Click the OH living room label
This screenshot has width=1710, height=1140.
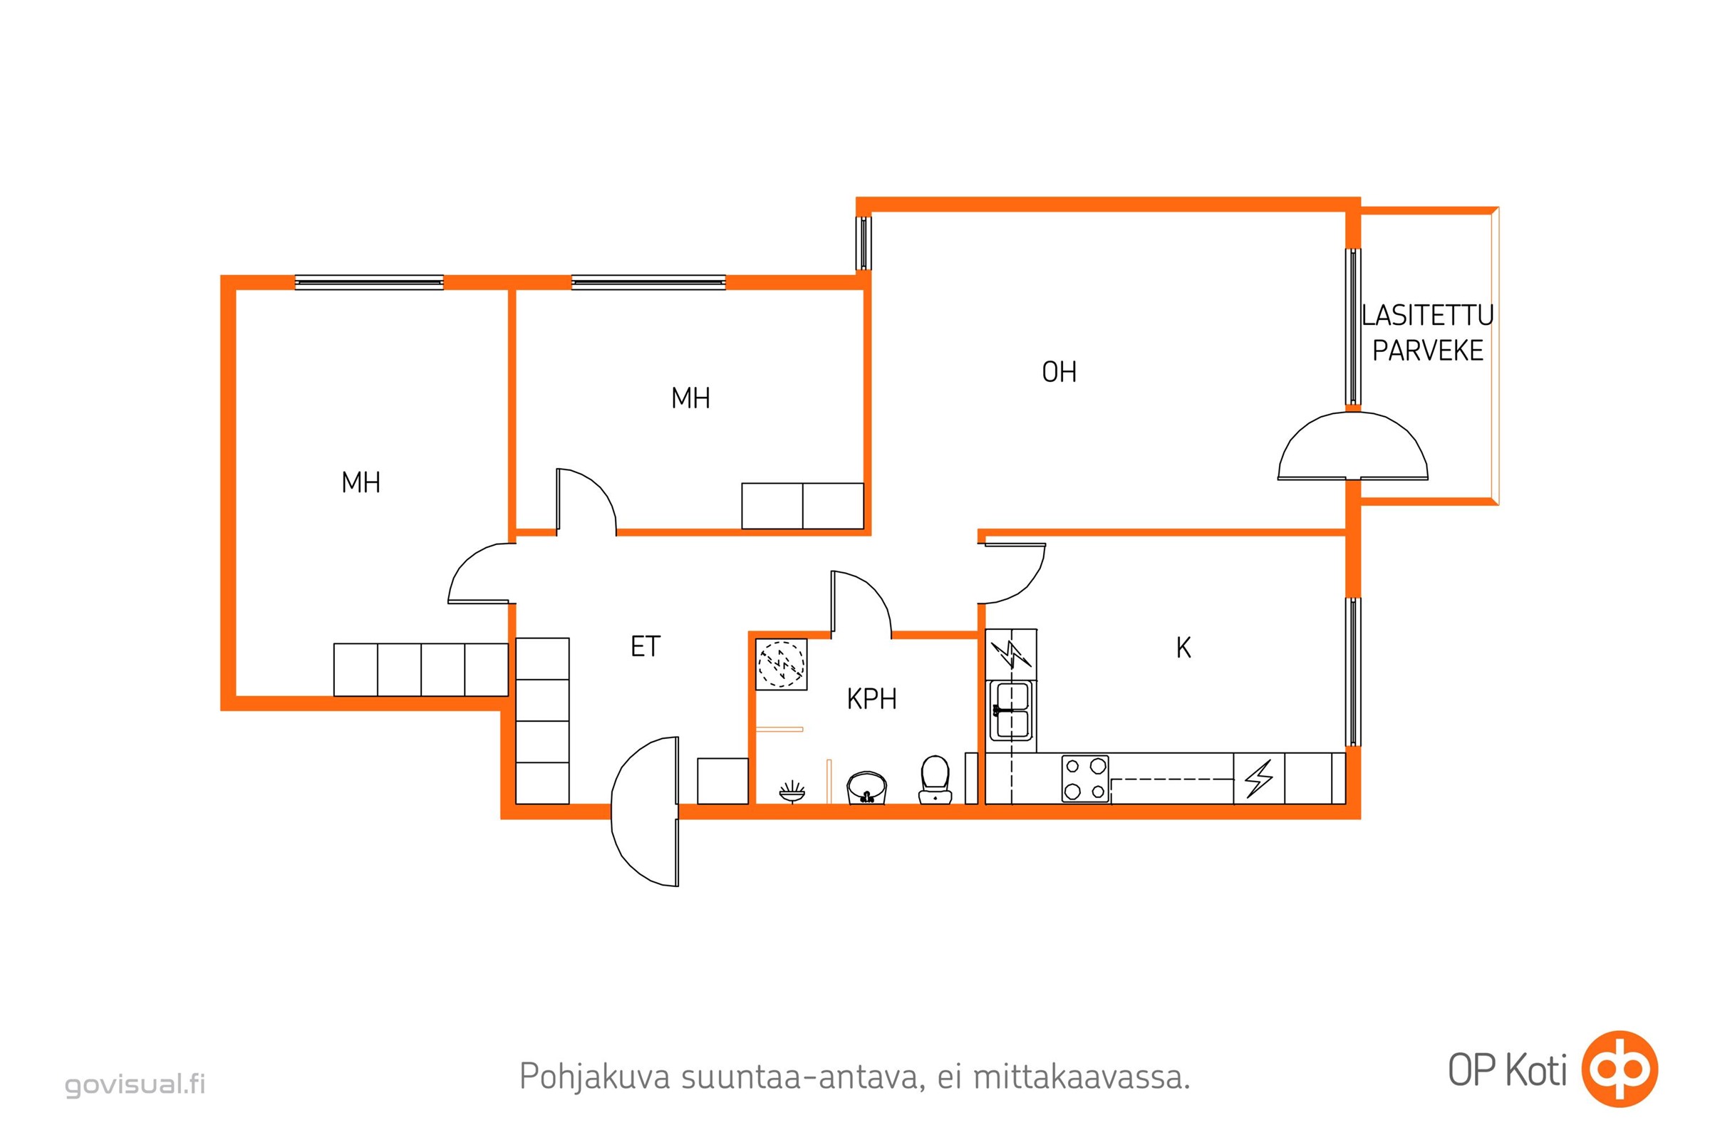coord(1059,372)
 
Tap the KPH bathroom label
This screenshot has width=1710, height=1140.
coord(871,699)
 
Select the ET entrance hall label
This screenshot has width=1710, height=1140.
coord(645,646)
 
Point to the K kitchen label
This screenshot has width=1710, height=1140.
coord(1183,647)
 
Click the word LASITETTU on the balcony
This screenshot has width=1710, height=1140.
coord(1427,316)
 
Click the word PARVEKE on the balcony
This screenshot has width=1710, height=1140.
coord(1427,351)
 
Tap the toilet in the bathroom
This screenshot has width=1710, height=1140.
coord(935,780)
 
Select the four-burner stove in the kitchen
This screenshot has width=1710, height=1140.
coord(1085,779)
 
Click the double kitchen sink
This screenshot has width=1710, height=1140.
coord(1011,710)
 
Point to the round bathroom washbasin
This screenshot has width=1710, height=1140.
coord(866,788)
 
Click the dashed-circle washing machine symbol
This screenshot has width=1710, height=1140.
coord(781,664)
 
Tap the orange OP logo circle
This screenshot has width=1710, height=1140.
coord(1620,1069)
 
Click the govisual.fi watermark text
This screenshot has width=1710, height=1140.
coord(135,1084)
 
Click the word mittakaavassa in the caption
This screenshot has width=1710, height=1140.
coord(1081,1077)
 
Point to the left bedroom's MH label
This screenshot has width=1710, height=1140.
coord(361,482)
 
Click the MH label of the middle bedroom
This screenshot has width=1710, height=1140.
coord(690,398)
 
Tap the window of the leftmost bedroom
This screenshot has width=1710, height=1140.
coord(369,282)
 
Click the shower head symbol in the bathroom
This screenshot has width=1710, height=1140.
coord(792,792)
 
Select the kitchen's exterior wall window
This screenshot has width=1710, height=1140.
coord(1353,672)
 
